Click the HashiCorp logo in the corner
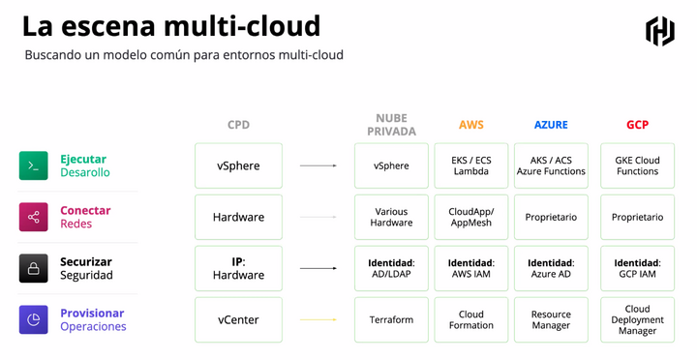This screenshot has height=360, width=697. click(660, 31)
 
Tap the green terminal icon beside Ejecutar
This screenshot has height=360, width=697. click(33, 165)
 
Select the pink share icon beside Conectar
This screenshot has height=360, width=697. click(33, 217)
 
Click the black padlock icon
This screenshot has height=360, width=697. click(33, 268)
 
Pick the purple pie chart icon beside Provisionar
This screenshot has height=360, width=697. click(33, 319)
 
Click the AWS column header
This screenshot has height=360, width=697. click(471, 125)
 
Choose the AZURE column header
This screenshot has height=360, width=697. click(551, 125)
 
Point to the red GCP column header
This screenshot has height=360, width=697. click(637, 125)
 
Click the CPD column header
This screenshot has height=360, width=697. click(239, 125)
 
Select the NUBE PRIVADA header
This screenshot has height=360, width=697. click(392, 125)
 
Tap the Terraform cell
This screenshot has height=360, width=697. click(392, 319)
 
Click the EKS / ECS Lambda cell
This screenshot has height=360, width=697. click(471, 165)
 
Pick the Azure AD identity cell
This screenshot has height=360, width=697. click(551, 268)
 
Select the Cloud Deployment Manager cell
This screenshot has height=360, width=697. click(637, 319)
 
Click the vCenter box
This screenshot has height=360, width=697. click(239, 319)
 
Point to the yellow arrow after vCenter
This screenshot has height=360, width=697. click(318, 319)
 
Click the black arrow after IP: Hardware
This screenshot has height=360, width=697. click(318, 268)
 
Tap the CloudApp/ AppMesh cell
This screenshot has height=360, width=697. click(471, 217)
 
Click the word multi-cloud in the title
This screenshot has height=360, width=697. click(242, 26)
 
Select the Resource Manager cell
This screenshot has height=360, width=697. click(551, 319)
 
